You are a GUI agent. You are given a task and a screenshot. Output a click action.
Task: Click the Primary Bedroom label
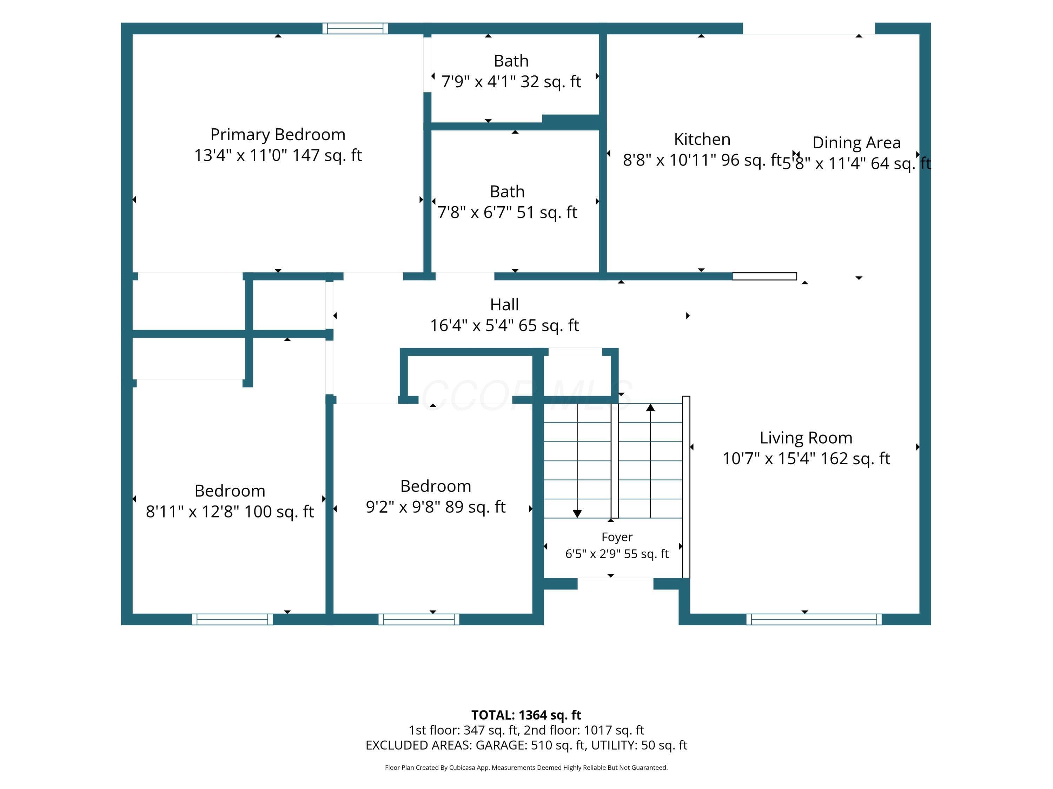point(278,135)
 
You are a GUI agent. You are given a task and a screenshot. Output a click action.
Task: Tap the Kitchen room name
point(702,139)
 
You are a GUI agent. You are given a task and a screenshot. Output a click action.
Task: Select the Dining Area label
point(856,143)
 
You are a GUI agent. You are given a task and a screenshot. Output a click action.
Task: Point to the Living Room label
point(806,438)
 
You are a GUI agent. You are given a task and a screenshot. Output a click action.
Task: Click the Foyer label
point(617,537)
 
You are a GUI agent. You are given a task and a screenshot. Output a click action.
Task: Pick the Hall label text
point(505,304)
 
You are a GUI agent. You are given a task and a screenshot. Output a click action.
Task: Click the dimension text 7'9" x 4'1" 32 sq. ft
point(511,82)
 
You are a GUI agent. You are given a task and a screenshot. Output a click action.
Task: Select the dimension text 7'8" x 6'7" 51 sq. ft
point(508,213)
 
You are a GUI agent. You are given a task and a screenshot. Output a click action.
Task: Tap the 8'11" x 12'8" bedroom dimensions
point(230,512)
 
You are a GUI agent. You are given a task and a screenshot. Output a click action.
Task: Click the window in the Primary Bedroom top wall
point(355,28)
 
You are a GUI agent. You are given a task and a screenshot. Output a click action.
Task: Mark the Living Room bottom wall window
point(814,619)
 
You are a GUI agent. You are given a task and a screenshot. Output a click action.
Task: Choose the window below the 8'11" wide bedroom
point(232,619)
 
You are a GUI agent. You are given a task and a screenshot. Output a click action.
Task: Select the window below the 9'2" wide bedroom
point(419,619)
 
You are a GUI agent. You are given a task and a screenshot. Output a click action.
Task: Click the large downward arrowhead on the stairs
point(577,514)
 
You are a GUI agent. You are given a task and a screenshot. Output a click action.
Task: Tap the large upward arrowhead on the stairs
point(651,407)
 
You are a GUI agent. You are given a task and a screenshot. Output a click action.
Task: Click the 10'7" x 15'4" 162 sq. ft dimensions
point(806,458)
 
